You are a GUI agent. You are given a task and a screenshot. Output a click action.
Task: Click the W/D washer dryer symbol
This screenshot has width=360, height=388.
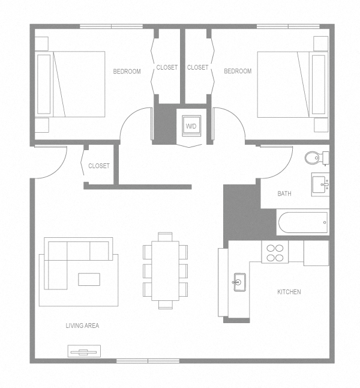pyautogui.click(x=191, y=126)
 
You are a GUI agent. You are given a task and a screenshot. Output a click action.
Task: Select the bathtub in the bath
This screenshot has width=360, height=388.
pyautogui.click(x=303, y=223)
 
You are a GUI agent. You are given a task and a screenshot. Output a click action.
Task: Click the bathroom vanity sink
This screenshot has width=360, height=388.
pyautogui.click(x=319, y=184)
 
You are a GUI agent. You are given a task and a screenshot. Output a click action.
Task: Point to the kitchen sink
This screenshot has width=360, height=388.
pyautogui.click(x=239, y=281)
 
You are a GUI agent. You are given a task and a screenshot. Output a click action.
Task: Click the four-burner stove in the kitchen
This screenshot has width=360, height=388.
pyautogui.click(x=275, y=252)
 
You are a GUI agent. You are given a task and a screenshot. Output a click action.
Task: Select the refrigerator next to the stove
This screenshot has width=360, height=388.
pyautogui.click(x=316, y=253)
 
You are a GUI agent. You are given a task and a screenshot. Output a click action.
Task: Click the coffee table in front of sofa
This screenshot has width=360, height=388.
pyautogui.click(x=89, y=279)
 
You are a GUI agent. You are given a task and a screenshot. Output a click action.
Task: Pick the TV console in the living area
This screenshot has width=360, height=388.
pyautogui.click(x=85, y=351)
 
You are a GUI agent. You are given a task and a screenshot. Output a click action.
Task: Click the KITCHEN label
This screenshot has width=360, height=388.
pyautogui.click(x=289, y=293)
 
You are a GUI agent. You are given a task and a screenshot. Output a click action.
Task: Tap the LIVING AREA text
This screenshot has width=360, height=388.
pyautogui.click(x=82, y=326)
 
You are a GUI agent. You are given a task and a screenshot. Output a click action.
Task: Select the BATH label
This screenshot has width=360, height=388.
pyautogui.click(x=284, y=194)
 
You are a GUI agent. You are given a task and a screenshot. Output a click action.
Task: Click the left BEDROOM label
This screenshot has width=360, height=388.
pyautogui.click(x=127, y=71)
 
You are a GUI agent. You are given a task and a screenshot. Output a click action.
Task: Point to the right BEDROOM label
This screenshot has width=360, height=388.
pyautogui.click(x=238, y=71)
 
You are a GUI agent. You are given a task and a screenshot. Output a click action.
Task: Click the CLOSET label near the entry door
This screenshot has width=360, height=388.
pyautogui.click(x=99, y=166)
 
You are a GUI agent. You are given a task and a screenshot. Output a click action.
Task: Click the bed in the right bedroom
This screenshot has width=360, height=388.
pyautogui.click(x=292, y=84)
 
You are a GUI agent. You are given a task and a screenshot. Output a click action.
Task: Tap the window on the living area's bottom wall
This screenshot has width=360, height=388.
pyautogui.click(x=148, y=360)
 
